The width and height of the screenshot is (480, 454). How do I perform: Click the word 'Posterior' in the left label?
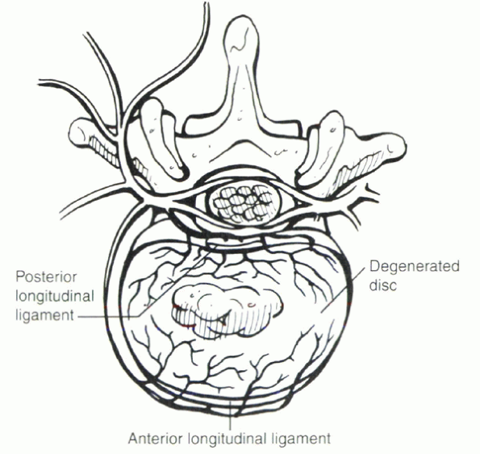point(46,277)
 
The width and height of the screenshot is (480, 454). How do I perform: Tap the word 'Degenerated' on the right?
point(415,266)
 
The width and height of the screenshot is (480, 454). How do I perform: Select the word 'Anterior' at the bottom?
point(156,439)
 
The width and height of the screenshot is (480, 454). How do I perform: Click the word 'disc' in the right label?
point(383,285)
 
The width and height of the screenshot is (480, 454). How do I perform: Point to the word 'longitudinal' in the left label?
point(55,297)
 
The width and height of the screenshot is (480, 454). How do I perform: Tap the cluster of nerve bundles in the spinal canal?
point(243,203)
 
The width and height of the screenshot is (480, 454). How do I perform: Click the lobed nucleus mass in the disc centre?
point(227,310)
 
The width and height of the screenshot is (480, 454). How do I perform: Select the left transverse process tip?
point(76,131)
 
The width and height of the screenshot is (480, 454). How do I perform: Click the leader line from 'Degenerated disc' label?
point(343,290)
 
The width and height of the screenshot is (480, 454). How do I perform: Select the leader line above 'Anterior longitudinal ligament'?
point(230,414)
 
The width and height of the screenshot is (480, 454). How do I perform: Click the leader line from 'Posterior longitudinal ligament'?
point(148,286)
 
